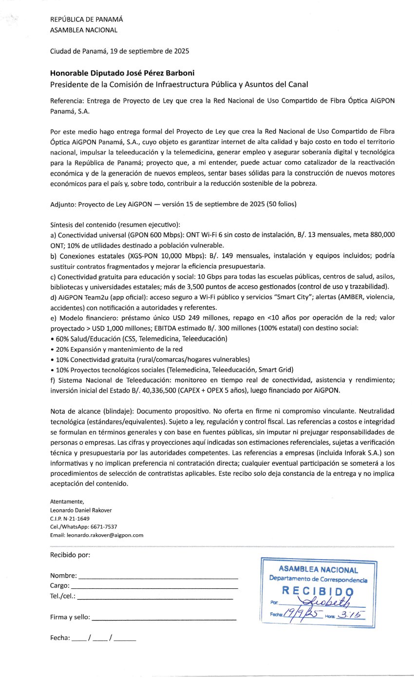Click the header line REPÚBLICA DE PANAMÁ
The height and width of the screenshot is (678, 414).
coord(87,19)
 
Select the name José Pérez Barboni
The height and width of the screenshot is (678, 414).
coord(155,73)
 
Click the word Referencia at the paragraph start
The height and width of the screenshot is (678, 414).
coord(67,101)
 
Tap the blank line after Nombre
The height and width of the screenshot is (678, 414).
coord(158,576)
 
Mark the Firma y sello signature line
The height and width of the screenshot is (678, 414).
coord(164,618)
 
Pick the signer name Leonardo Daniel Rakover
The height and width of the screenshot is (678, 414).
coord(81,510)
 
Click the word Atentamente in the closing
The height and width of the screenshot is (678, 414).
coord(67,502)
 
